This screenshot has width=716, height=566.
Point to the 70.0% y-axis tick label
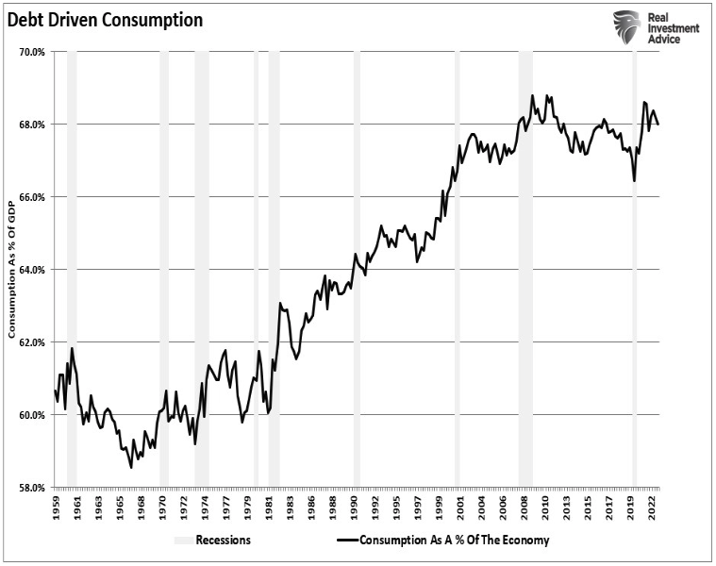[x=31, y=52]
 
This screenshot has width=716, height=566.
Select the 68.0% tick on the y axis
[x=31, y=125]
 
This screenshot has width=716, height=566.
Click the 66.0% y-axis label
[x=31, y=197]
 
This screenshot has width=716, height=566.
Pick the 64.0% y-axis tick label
[x=31, y=270]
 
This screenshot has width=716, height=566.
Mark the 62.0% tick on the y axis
[x=31, y=342]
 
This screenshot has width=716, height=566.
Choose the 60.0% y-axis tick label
[x=31, y=415]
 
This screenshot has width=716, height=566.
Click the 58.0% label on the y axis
[x=31, y=488]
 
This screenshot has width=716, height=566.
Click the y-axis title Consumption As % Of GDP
[x=12, y=270]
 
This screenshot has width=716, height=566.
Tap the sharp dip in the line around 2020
[x=634, y=180]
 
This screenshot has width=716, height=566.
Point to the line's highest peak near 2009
[x=532, y=95]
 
